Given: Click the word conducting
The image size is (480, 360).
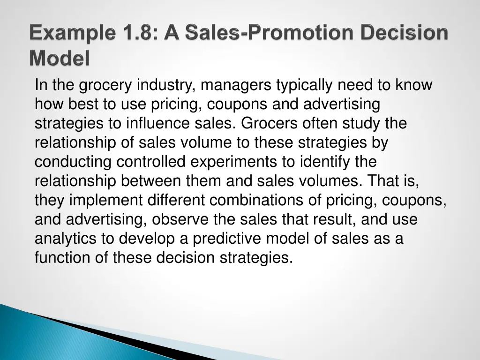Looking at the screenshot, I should coord(74,162).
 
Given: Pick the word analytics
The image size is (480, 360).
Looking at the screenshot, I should coord(66,239).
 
